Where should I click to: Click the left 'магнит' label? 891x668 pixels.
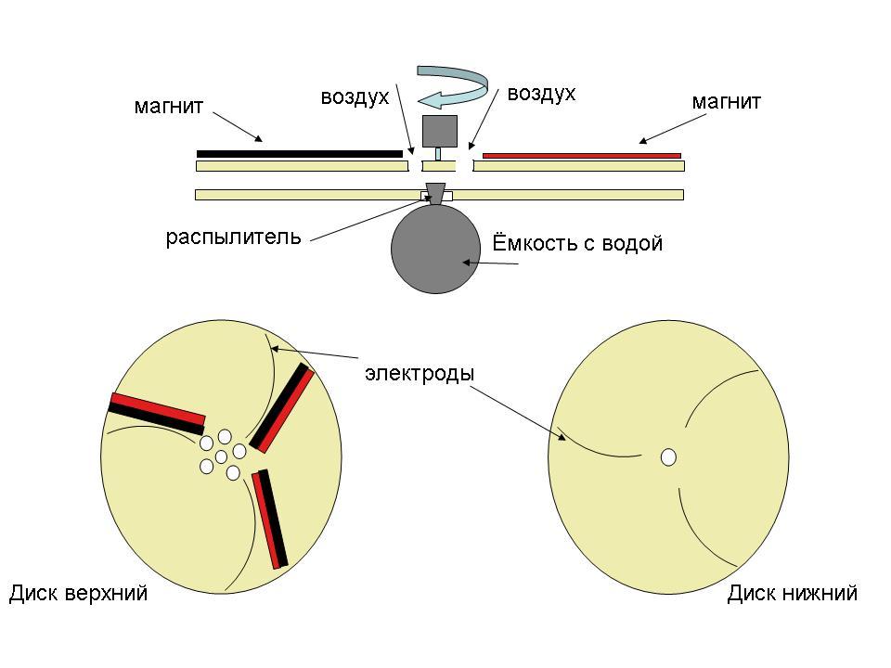click(x=168, y=106)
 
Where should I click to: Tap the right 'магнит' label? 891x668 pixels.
click(x=726, y=101)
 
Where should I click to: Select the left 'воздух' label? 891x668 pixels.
click(x=355, y=96)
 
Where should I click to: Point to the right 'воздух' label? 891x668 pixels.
click(x=541, y=94)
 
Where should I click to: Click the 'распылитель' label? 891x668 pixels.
click(x=233, y=237)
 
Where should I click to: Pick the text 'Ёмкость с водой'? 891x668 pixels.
click(x=576, y=244)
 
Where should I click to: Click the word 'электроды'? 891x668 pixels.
click(x=420, y=374)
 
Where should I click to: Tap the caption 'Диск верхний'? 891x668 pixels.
click(x=78, y=594)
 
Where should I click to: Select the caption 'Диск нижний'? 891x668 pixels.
click(x=792, y=594)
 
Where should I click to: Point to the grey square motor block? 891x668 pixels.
click(x=440, y=131)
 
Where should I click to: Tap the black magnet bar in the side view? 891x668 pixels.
click(x=299, y=153)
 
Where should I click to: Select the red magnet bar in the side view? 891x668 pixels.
click(x=582, y=155)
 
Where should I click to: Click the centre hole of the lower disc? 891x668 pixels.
click(x=668, y=457)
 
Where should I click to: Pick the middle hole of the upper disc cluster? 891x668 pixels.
click(x=221, y=456)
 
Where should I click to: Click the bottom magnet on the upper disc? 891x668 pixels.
click(x=270, y=519)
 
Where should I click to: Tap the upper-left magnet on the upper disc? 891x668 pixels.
click(x=157, y=414)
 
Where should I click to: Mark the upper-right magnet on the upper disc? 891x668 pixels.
click(x=283, y=407)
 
